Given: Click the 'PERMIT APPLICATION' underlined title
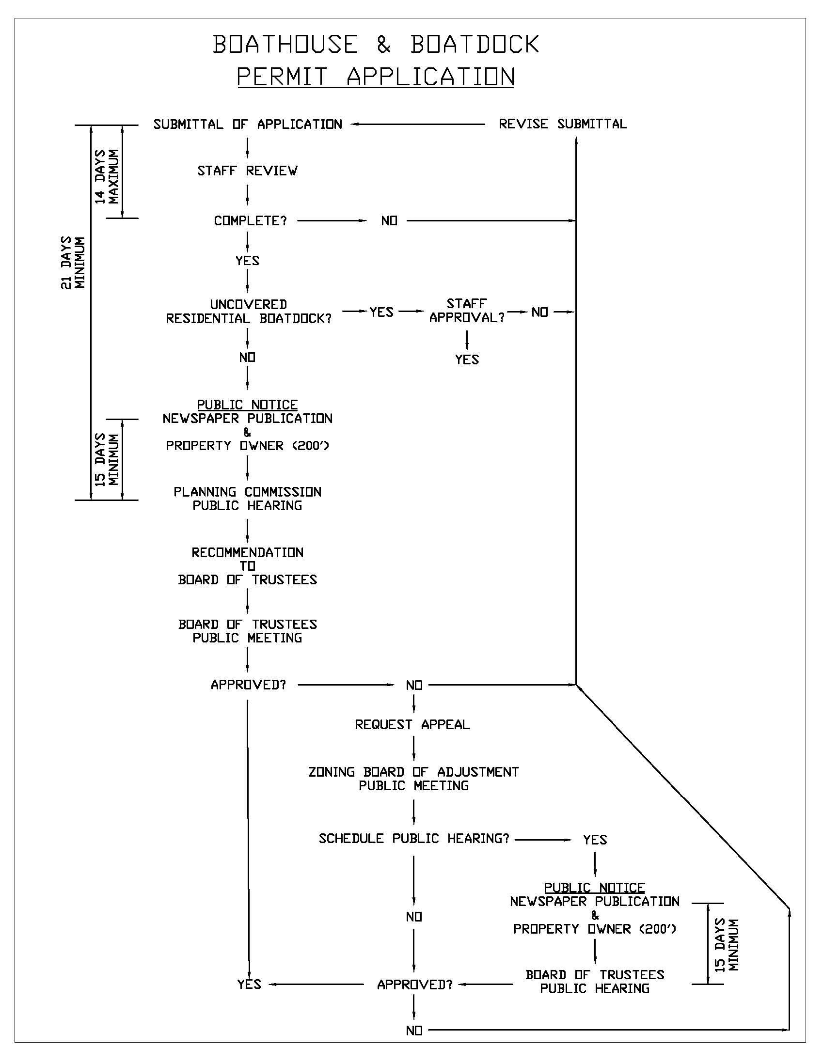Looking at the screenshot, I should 376,77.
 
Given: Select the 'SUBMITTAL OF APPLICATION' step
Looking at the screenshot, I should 248,125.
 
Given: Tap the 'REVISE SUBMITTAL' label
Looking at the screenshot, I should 562,124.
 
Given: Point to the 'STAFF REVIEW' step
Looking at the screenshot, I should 247,171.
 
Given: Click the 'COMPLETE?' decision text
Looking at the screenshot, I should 250,221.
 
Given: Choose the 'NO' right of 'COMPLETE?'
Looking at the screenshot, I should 389,221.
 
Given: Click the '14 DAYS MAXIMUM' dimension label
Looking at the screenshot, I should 107,176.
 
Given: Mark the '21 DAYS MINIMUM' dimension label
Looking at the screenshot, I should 73,263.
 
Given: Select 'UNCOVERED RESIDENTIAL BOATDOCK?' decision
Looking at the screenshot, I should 248,312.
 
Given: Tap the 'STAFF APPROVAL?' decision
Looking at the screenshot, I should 467,311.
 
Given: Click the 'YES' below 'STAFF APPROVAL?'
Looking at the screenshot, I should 467,360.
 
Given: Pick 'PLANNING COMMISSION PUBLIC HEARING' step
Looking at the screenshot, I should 247,499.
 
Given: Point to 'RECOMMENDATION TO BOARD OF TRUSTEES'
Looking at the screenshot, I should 247,566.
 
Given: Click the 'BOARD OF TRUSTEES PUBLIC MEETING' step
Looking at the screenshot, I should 247,631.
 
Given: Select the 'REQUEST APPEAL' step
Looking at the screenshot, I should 412,725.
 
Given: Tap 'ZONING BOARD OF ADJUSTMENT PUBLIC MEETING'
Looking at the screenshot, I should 413,779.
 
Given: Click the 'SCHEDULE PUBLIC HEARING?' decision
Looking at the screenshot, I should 414,839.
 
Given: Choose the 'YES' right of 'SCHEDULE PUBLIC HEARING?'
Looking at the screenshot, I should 595,840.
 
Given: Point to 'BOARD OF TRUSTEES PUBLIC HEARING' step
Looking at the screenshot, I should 595,982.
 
